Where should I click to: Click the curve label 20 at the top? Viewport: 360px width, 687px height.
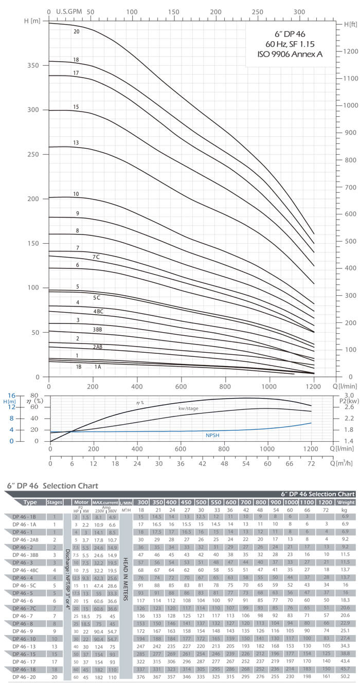[77, 31]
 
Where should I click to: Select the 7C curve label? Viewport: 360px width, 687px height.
[96, 257]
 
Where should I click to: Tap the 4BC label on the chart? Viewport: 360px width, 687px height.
[98, 312]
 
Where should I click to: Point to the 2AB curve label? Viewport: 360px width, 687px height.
[97, 347]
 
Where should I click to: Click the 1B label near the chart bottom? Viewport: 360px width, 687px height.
[79, 367]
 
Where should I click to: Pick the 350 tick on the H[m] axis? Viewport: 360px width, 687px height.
[33, 66]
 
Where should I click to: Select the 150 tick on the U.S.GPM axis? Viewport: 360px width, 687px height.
[173, 11]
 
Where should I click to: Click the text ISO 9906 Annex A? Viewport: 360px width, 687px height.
[290, 53]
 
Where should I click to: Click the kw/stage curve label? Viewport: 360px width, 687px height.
[189, 408]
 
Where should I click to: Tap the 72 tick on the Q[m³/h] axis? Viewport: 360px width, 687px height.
[313, 463]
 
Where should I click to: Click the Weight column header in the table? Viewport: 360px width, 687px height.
[345, 502]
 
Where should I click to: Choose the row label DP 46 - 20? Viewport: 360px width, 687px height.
[24, 677]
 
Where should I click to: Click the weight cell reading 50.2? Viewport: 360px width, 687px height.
[345, 677]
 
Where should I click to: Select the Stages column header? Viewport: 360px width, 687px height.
[55, 502]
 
